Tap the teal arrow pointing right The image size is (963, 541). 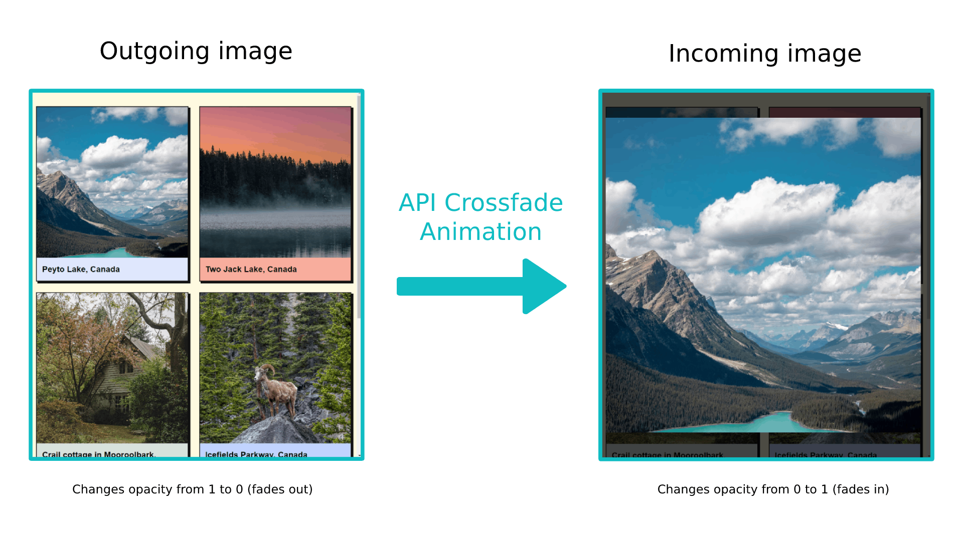pos(481,287)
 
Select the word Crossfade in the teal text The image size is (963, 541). pos(504,203)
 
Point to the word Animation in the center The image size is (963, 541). pos(480,232)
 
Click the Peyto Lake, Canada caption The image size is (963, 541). pos(81,269)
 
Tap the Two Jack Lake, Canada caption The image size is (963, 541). pos(251,269)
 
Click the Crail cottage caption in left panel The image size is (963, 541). pos(98,454)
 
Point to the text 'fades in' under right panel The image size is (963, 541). pos(861,489)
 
